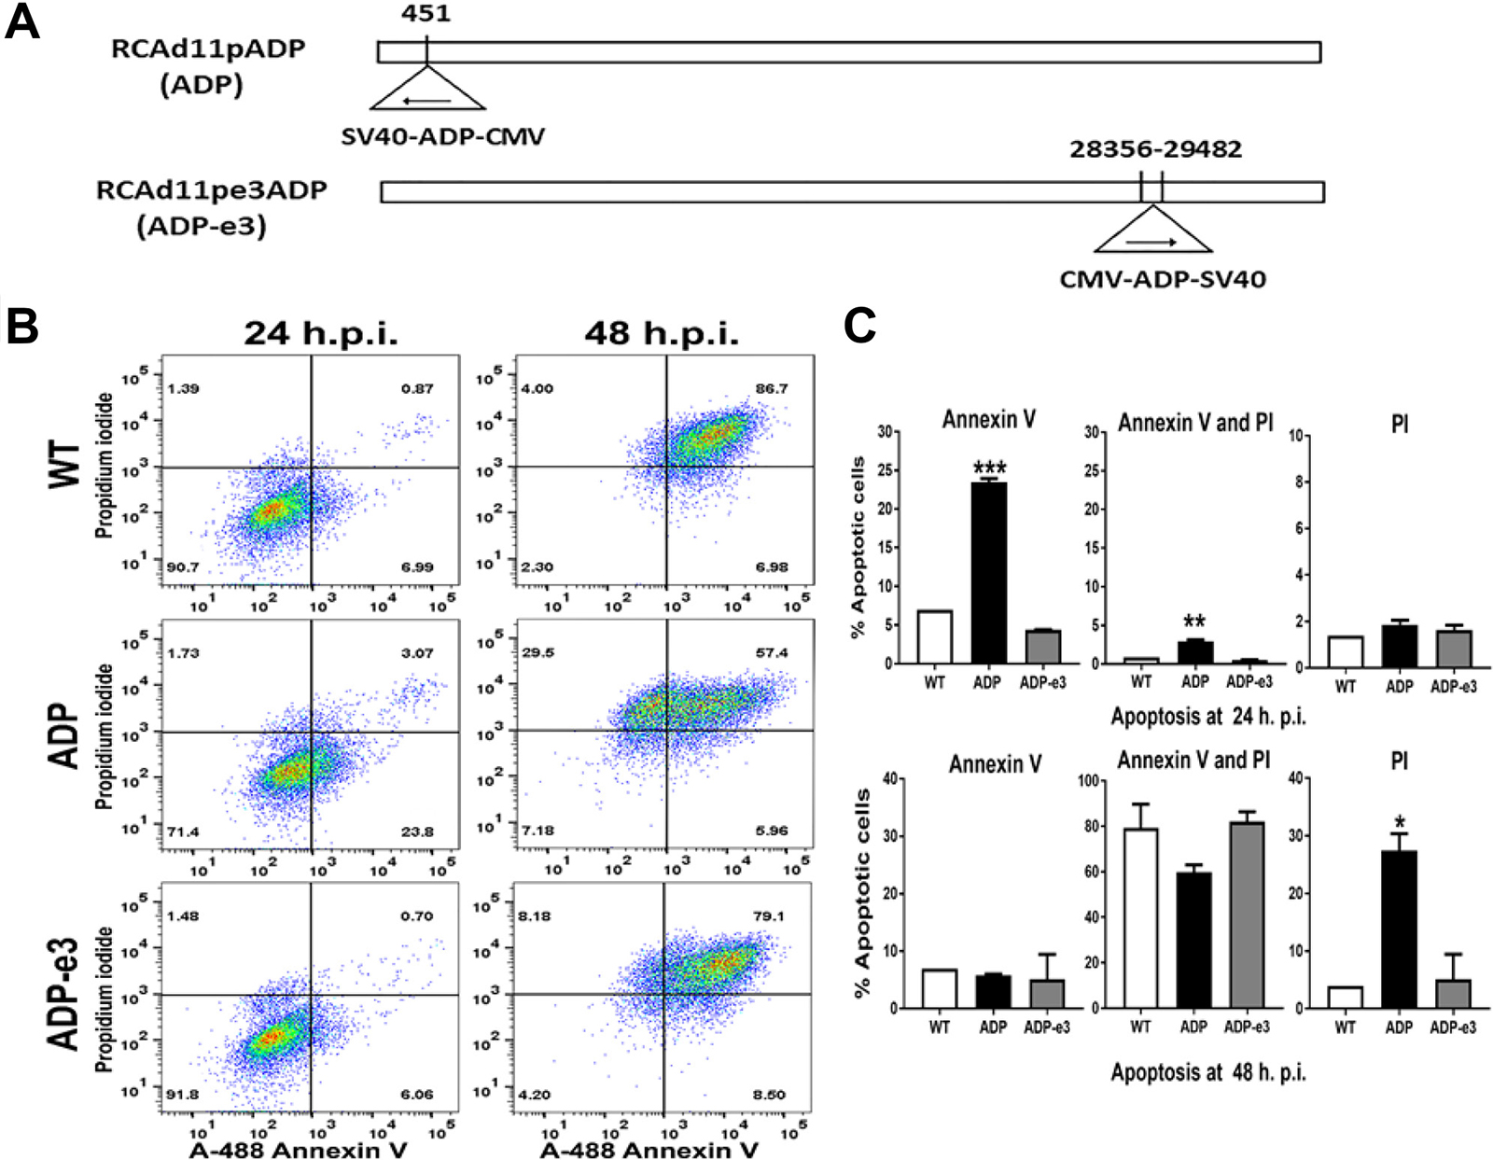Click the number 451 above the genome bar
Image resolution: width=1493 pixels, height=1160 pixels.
point(426,13)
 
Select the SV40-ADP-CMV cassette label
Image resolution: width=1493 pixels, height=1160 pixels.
point(442,136)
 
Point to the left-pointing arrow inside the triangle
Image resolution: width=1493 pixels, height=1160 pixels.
point(426,102)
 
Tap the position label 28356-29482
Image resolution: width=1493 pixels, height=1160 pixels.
point(1155,149)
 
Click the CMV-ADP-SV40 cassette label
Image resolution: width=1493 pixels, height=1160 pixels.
point(1163,280)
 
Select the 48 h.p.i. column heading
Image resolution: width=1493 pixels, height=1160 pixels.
point(662,334)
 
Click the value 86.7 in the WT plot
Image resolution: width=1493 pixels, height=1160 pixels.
point(771,389)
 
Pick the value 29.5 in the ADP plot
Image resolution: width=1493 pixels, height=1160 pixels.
point(537,652)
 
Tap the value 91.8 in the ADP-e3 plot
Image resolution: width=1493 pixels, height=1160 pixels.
point(183,1095)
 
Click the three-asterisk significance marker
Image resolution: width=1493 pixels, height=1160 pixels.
point(989,468)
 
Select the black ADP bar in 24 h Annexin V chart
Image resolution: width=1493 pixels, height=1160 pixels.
point(989,573)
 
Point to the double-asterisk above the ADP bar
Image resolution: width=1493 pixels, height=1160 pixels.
point(1194,622)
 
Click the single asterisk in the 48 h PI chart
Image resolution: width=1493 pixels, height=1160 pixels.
point(1399,823)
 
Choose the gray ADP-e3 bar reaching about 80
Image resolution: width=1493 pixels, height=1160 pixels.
point(1247,915)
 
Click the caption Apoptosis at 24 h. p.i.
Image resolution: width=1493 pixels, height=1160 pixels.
point(1208,717)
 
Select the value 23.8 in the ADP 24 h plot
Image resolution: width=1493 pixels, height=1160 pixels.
point(417,832)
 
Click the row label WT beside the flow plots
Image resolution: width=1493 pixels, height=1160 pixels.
point(66,467)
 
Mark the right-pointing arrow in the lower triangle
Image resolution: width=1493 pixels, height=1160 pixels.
point(1151,243)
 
